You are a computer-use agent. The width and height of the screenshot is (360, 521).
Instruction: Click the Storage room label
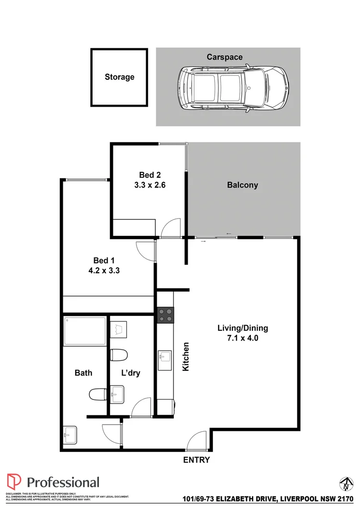(120, 77)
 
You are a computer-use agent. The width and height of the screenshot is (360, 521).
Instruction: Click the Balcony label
(242, 185)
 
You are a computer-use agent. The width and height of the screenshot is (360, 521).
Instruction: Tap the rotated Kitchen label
(185, 356)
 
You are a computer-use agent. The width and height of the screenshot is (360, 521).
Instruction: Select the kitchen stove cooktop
(165, 315)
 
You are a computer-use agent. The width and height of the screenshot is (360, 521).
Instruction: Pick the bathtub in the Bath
(84, 330)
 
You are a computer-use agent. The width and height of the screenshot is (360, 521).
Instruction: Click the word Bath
(83, 372)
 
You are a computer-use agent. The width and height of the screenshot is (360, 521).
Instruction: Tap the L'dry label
(130, 372)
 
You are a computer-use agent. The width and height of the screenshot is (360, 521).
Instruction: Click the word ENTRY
(196, 460)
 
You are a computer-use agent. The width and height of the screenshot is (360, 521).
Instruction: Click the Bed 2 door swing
(172, 228)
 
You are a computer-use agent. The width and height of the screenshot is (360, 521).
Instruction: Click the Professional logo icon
(14, 482)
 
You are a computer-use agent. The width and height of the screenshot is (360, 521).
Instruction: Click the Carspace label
(225, 57)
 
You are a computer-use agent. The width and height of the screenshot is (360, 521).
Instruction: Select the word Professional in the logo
(63, 482)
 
